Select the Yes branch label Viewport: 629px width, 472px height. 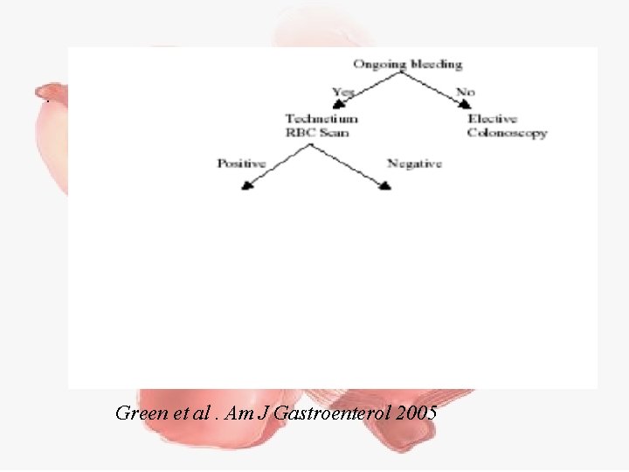coord(343,91)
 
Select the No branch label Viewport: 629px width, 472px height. coord(466,91)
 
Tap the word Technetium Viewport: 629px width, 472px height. coord(321,119)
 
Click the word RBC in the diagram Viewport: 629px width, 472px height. coord(299,133)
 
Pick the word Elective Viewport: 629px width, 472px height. coord(493,119)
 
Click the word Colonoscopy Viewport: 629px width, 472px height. coord(507,133)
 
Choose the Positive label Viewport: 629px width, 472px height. coord(242,163)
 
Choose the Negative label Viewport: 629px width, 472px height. coord(414,163)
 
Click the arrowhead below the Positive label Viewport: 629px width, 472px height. coord(245,184)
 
